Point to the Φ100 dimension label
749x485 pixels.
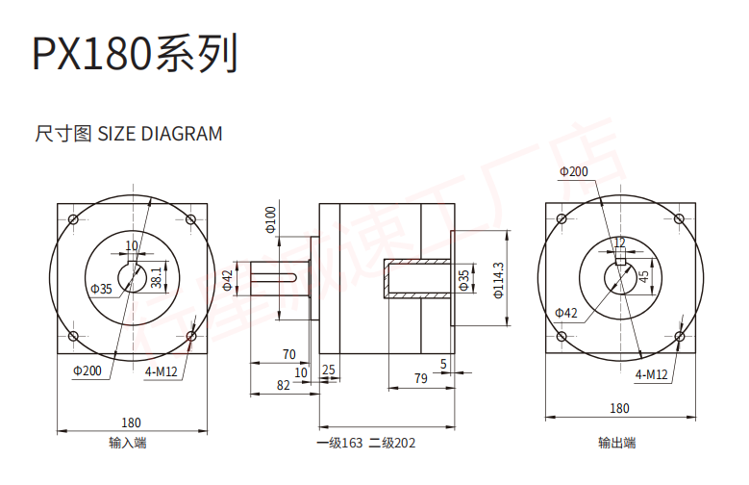tap(270, 219)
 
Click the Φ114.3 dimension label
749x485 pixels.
tap(498, 278)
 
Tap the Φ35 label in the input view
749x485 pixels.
tap(101, 289)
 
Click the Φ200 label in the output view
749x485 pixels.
tap(573, 172)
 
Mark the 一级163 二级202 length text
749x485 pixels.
tap(366, 444)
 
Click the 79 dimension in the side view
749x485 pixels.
tap(420, 378)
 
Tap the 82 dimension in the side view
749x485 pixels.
tap(283, 385)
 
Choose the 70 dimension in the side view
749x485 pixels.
tap(288, 354)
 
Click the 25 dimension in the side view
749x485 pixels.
tap(329, 370)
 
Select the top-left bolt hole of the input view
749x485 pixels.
tap(72, 219)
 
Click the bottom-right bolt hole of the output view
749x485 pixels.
tap(681, 336)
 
